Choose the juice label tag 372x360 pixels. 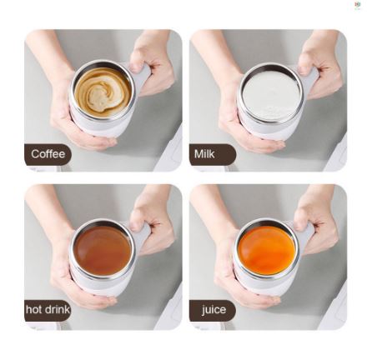point(213,309)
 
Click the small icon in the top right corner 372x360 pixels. point(358,5)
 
